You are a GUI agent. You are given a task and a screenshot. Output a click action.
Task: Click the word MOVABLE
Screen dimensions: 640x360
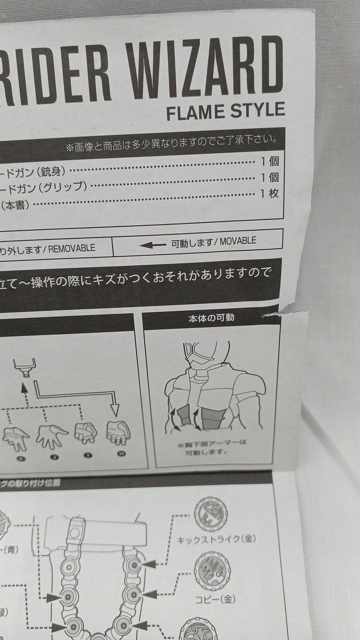click(x=237, y=241)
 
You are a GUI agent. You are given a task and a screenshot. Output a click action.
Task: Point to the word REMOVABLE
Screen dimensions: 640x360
click(x=71, y=248)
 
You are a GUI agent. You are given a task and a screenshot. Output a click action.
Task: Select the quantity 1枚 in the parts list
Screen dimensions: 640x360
click(x=269, y=193)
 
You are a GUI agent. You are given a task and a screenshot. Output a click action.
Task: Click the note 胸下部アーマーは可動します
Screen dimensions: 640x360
click(x=211, y=447)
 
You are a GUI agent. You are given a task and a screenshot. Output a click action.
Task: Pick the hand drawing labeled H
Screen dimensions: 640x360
click(x=118, y=432)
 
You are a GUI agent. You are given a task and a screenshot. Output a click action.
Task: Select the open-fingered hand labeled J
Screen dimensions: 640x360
click(x=50, y=435)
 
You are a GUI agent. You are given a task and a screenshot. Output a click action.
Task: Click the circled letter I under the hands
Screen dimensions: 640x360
click(x=86, y=456)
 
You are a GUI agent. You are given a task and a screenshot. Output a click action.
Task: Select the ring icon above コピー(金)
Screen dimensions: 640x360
click(x=212, y=571)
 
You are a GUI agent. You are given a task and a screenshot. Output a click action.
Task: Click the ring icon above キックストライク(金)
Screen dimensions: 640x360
click(x=210, y=514)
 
